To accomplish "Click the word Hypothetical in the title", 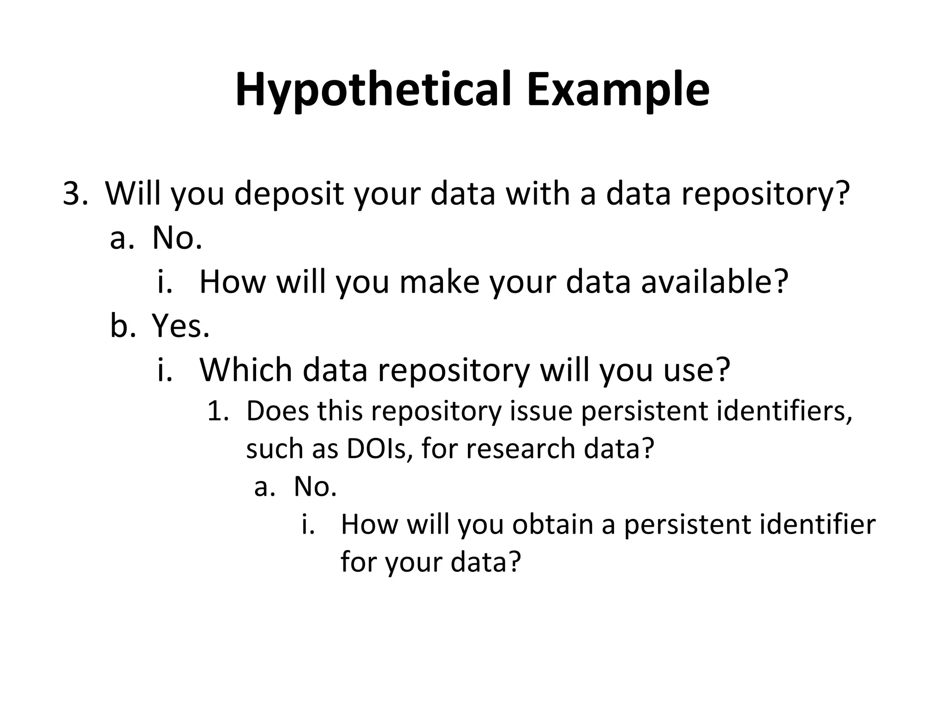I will (x=374, y=90).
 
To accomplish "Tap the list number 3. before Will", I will (x=75, y=194).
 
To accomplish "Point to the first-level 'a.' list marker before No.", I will (x=122, y=238).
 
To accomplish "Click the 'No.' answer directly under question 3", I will (x=177, y=238).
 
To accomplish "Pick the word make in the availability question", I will (x=439, y=282).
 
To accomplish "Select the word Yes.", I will (x=181, y=326).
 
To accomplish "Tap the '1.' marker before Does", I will (x=218, y=411).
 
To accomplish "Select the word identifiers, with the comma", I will (x=784, y=411).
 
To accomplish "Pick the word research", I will (x=520, y=449).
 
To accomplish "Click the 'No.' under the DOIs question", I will (x=315, y=487).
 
